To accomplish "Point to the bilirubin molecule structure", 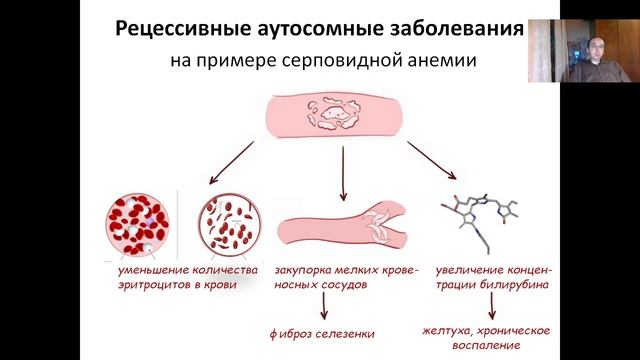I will (x=483, y=221).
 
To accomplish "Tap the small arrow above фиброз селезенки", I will (x=322, y=305).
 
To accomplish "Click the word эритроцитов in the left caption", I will (x=149, y=286).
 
